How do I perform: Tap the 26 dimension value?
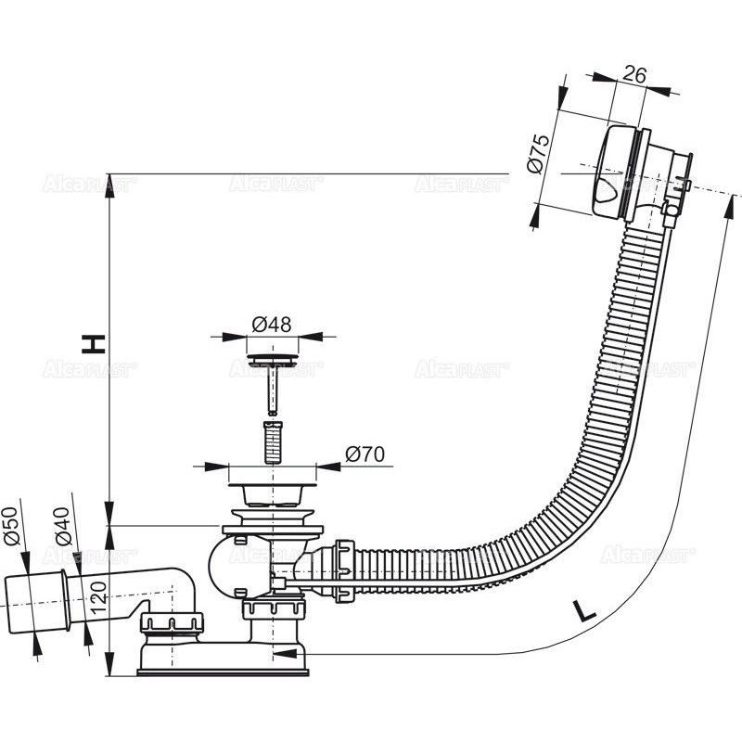tap(633, 75)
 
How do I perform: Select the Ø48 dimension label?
tap(272, 324)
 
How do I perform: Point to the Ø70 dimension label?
tap(365, 454)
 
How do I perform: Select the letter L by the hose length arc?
tap(583, 611)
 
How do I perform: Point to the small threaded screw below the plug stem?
tap(273, 441)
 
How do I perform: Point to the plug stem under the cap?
tap(273, 390)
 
